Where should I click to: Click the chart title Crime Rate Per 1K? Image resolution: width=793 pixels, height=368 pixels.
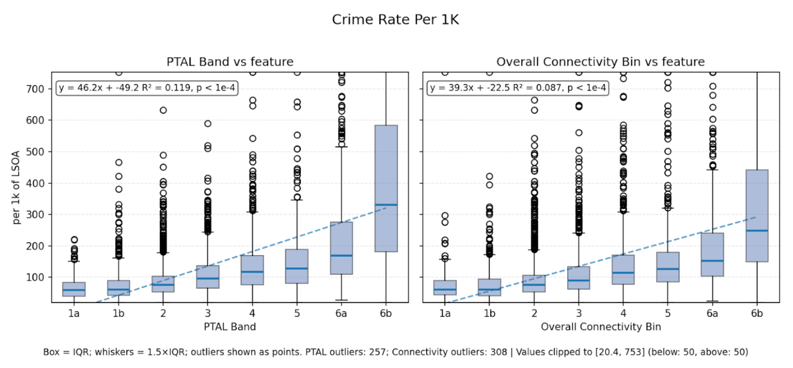pyautogui.click(x=395, y=19)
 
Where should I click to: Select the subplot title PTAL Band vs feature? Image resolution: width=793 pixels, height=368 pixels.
pyautogui.click(x=230, y=62)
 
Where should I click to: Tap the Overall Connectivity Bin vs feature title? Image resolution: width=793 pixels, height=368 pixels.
pyautogui.click(x=600, y=62)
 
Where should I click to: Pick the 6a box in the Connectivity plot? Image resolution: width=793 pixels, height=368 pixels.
pyautogui.click(x=712, y=254)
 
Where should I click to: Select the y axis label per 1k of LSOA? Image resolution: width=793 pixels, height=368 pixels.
pyautogui.click(x=16, y=187)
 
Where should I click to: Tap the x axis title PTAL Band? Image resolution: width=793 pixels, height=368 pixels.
pyautogui.click(x=230, y=327)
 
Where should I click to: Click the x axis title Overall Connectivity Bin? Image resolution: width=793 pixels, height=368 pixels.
pyautogui.click(x=600, y=327)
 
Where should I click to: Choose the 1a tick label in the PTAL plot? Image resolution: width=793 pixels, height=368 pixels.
pyautogui.click(x=74, y=314)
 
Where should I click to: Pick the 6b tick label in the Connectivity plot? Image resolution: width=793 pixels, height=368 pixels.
pyautogui.click(x=756, y=314)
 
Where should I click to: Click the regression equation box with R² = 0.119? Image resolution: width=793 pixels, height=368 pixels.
pyautogui.click(x=147, y=88)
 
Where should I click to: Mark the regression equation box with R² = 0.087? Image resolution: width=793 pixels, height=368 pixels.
pyautogui.click(x=517, y=88)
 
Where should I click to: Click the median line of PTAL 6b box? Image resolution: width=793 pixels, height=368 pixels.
pyautogui.click(x=386, y=205)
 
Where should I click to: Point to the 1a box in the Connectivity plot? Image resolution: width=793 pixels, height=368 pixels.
pyautogui.click(x=445, y=287)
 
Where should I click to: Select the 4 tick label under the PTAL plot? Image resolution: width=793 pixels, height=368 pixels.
pyautogui.click(x=252, y=314)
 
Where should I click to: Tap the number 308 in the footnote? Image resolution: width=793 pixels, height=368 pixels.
pyautogui.click(x=498, y=352)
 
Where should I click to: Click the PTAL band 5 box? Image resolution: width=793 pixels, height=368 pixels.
pyautogui.click(x=297, y=266)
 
